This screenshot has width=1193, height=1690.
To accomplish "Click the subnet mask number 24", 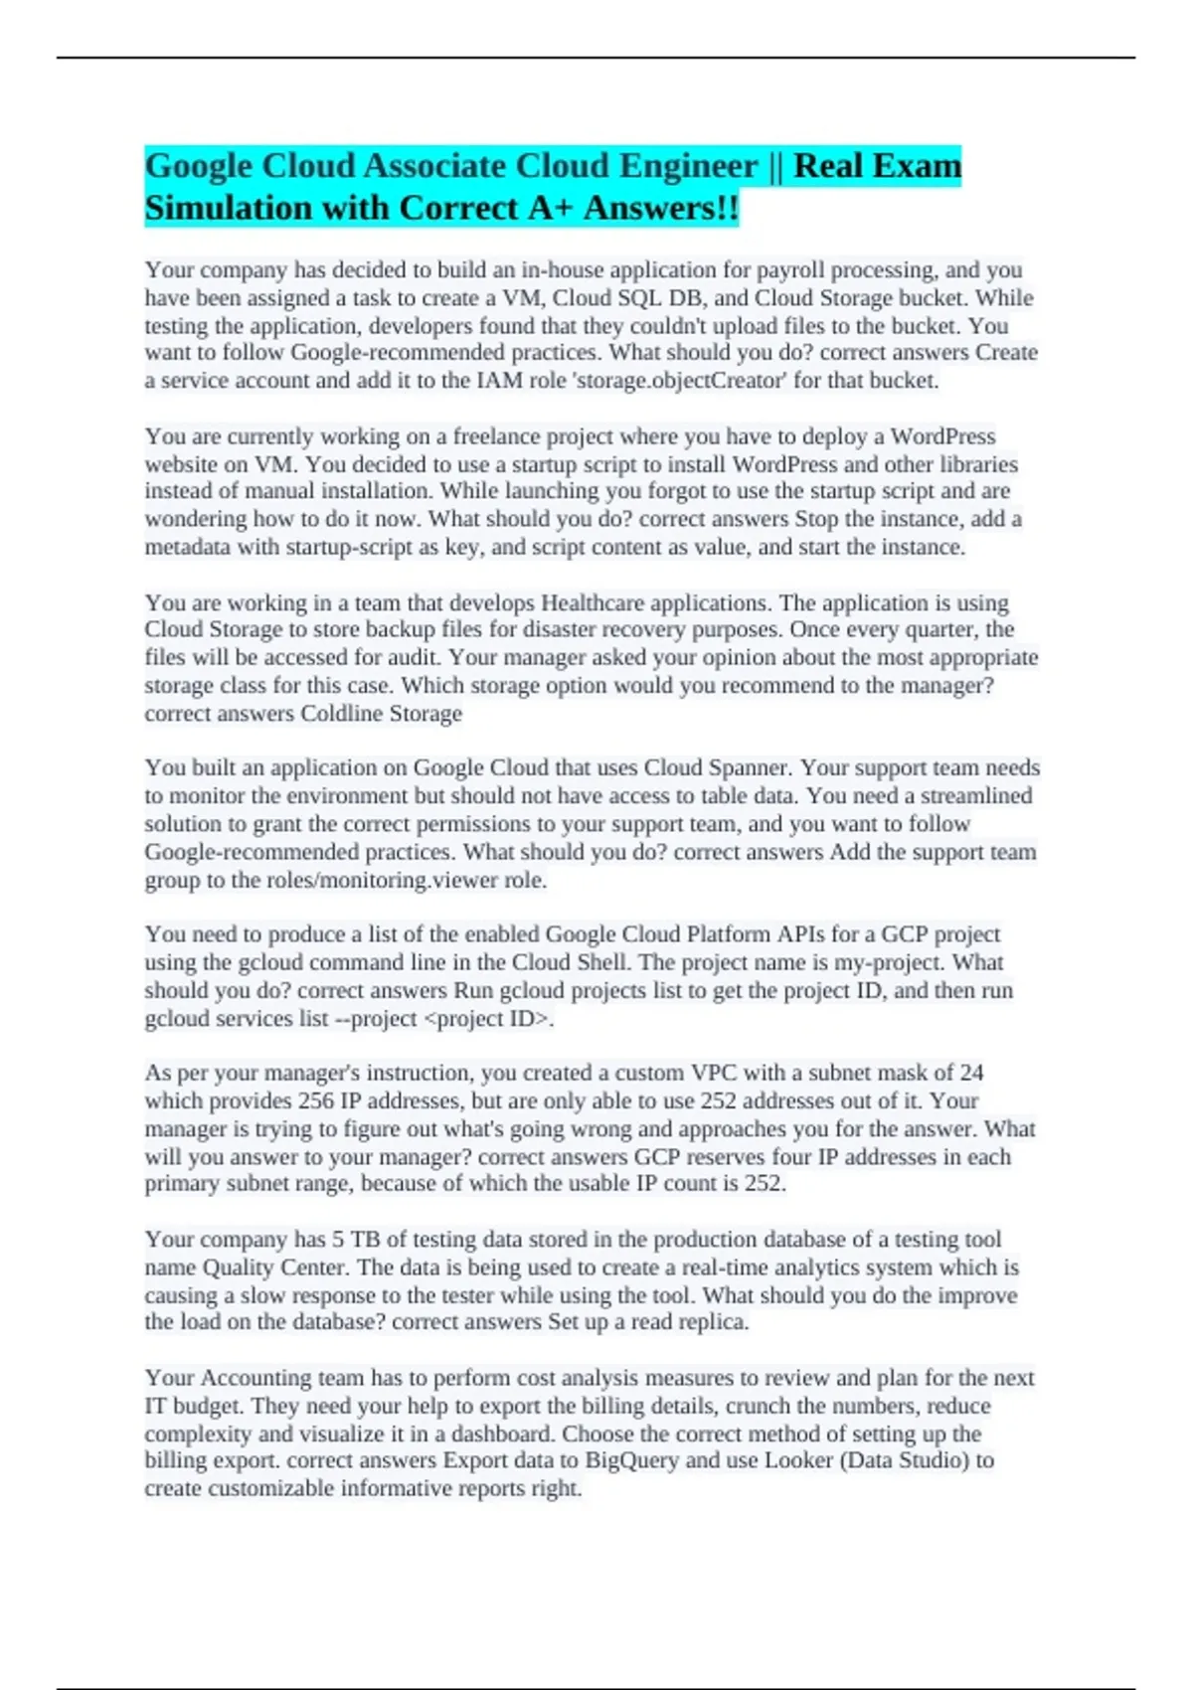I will (x=971, y=1074).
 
